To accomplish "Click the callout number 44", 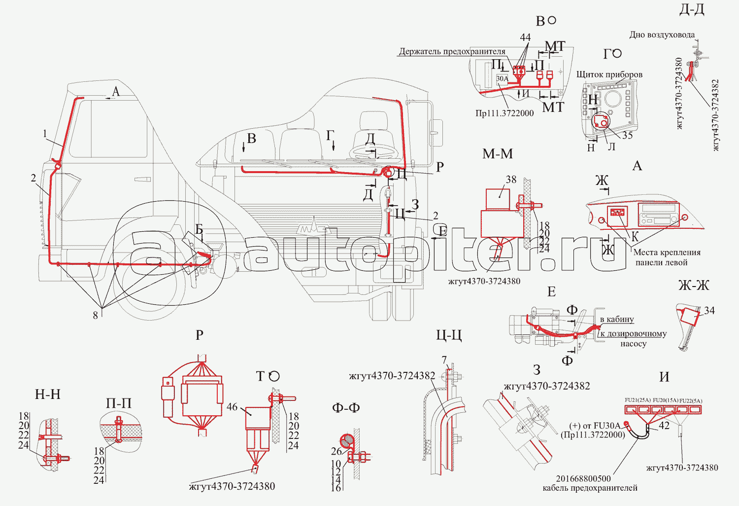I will [525, 37].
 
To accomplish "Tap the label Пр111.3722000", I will [504, 113].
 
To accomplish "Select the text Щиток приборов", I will [609, 74].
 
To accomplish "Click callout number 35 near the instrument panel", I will [627, 135].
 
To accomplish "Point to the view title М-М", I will [498, 154].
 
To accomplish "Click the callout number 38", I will [511, 180].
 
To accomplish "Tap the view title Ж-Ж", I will [693, 285].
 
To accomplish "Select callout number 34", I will [709, 310].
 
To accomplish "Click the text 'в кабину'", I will [617, 320].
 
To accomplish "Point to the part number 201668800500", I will [583, 478].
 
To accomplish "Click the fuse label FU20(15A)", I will [665, 400].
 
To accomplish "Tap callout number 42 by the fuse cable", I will [664, 426].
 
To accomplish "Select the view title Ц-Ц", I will [449, 335].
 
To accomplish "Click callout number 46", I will [232, 407].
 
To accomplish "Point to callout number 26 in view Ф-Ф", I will [336, 451].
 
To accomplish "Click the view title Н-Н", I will [48, 394].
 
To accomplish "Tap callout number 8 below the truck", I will [96, 315].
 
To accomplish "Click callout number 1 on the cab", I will [45, 134].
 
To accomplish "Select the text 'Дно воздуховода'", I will [662, 35].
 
